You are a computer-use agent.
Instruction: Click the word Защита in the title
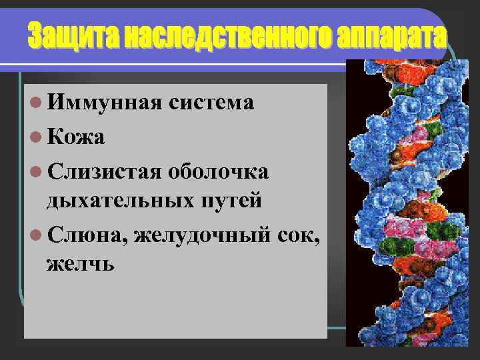(71, 37)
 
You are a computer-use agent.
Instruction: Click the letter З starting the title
(35, 37)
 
